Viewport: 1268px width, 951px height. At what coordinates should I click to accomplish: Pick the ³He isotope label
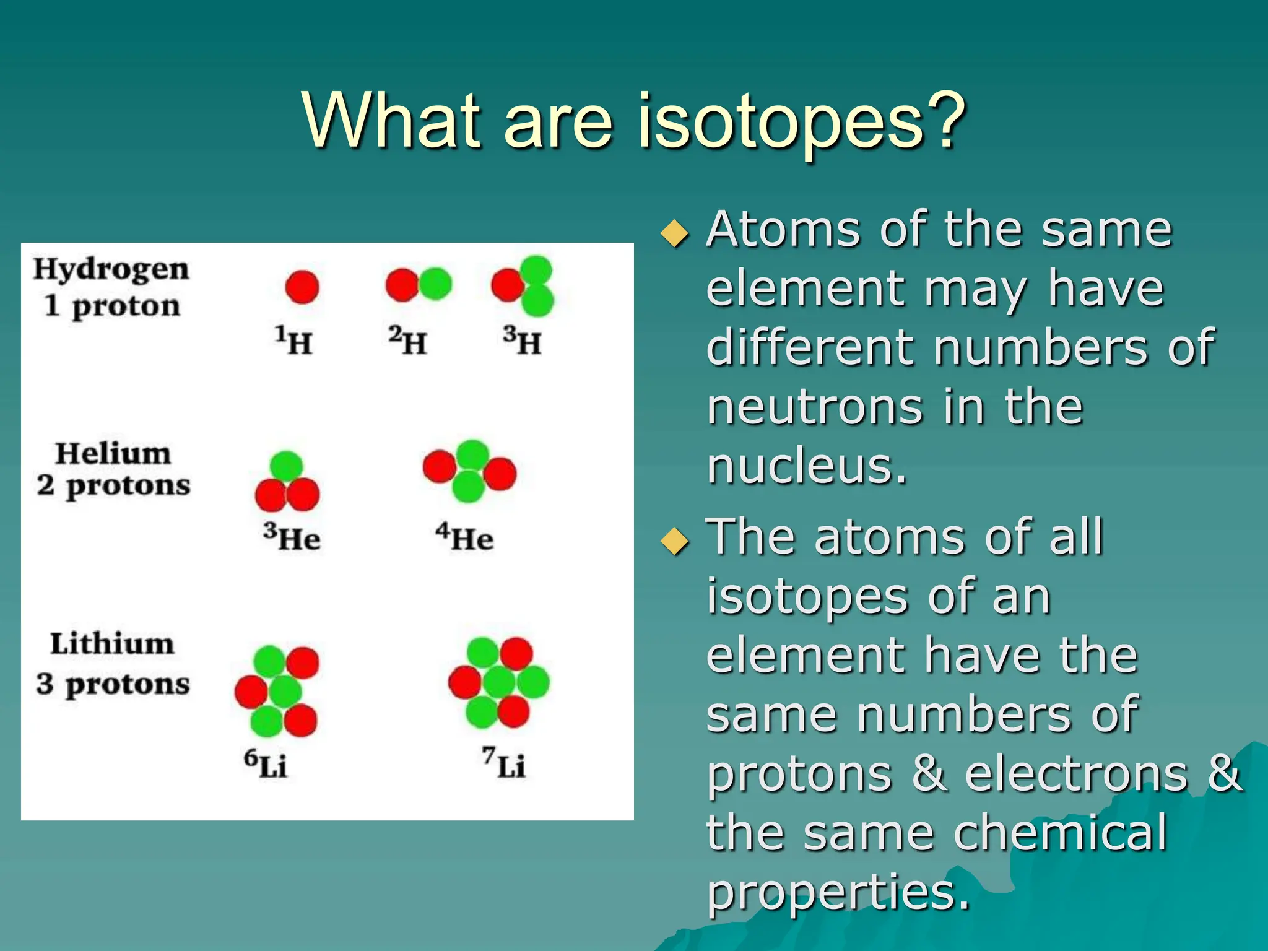[x=292, y=537]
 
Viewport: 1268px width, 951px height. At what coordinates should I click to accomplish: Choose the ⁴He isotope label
[x=464, y=537]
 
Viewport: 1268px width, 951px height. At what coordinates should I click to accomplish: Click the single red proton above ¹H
[x=302, y=287]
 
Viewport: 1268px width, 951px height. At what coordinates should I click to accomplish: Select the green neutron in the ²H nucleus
[x=436, y=284]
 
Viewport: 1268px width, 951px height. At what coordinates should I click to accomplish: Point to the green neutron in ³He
[x=287, y=466]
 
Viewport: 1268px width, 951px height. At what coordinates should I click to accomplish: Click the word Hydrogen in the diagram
[x=111, y=270]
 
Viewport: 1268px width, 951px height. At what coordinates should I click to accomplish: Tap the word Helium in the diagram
[x=113, y=453]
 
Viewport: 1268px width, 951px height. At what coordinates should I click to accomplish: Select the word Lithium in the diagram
[x=112, y=643]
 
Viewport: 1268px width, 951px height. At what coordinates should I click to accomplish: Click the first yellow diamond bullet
[x=674, y=234]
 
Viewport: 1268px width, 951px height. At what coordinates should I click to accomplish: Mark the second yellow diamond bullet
[x=674, y=541]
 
